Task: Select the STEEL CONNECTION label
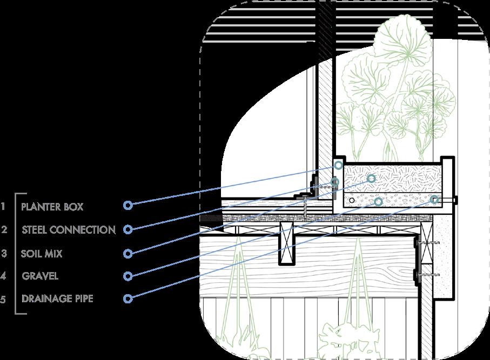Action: point(69,229)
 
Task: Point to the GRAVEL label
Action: point(40,276)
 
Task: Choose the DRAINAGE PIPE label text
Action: point(57,298)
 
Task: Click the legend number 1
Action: point(3,206)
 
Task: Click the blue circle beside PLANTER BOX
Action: point(127,205)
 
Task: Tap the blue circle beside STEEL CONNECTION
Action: point(127,229)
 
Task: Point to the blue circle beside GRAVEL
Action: point(127,276)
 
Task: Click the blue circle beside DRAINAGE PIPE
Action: point(127,298)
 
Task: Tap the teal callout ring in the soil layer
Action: point(371,178)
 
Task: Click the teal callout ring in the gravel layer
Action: point(378,202)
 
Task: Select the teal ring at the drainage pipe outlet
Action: point(435,200)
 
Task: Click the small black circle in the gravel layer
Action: point(352,200)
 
